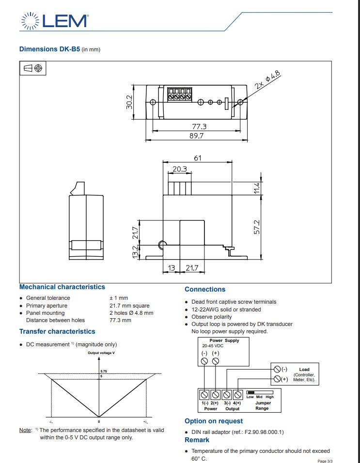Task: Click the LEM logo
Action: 54,21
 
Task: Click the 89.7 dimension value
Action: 196,136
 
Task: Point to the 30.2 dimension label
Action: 129,102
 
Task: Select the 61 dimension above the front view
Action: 198,158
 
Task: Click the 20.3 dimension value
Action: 179,169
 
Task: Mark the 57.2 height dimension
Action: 257,227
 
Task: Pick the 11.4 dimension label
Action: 257,188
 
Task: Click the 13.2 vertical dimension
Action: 136,251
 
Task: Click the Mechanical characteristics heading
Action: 62,287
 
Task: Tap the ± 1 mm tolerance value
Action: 119,298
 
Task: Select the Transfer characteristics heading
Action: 57,332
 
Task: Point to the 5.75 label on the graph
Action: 104,370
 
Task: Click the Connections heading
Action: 205,290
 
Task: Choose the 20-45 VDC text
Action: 213,346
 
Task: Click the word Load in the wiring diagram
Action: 304,370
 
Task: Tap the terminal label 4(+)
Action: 237,403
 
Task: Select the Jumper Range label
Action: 263,405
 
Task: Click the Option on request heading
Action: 214,421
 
